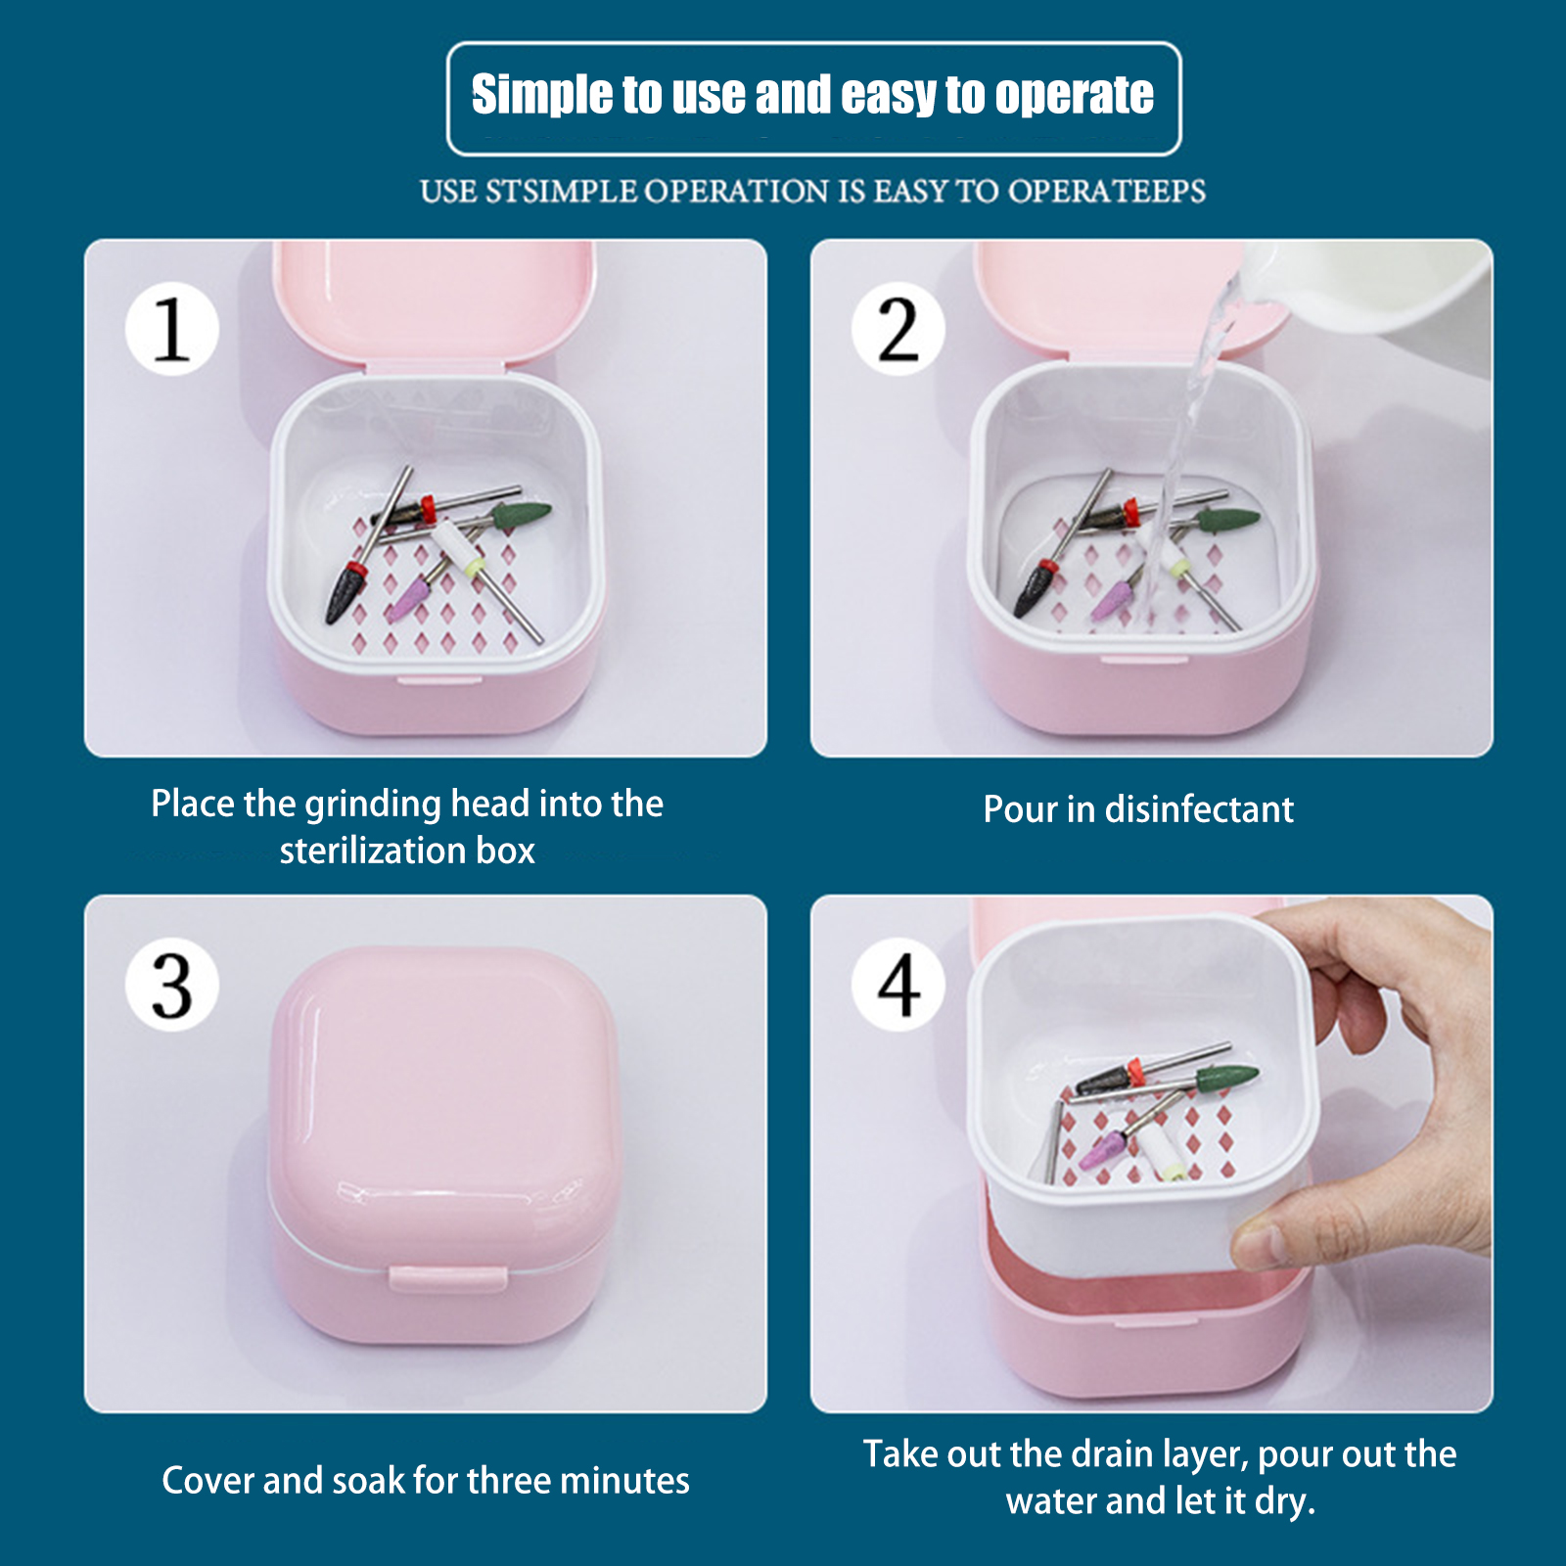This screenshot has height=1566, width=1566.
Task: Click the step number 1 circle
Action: (171, 329)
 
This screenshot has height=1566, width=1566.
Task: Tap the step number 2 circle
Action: (898, 329)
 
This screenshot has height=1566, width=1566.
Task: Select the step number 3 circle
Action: (171, 984)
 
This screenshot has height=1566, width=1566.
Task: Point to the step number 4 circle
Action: (898, 984)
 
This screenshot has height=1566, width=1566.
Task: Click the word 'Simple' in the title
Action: (542, 96)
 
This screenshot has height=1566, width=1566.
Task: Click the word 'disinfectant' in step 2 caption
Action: (1199, 809)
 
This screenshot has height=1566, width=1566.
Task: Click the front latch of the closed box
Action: (447, 1278)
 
